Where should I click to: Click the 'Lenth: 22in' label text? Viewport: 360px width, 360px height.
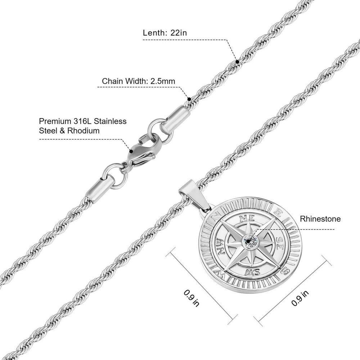[x=165, y=33]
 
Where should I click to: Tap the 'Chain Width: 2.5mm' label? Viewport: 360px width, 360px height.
[x=139, y=81]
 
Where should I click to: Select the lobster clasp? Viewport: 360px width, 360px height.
[x=142, y=151]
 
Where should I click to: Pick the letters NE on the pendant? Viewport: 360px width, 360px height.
[x=246, y=218]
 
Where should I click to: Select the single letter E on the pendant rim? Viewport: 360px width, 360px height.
[x=278, y=213]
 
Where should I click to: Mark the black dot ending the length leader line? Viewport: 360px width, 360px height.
[x=238, y=62]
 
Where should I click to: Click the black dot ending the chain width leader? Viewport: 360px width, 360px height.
[x=189, y=98]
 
